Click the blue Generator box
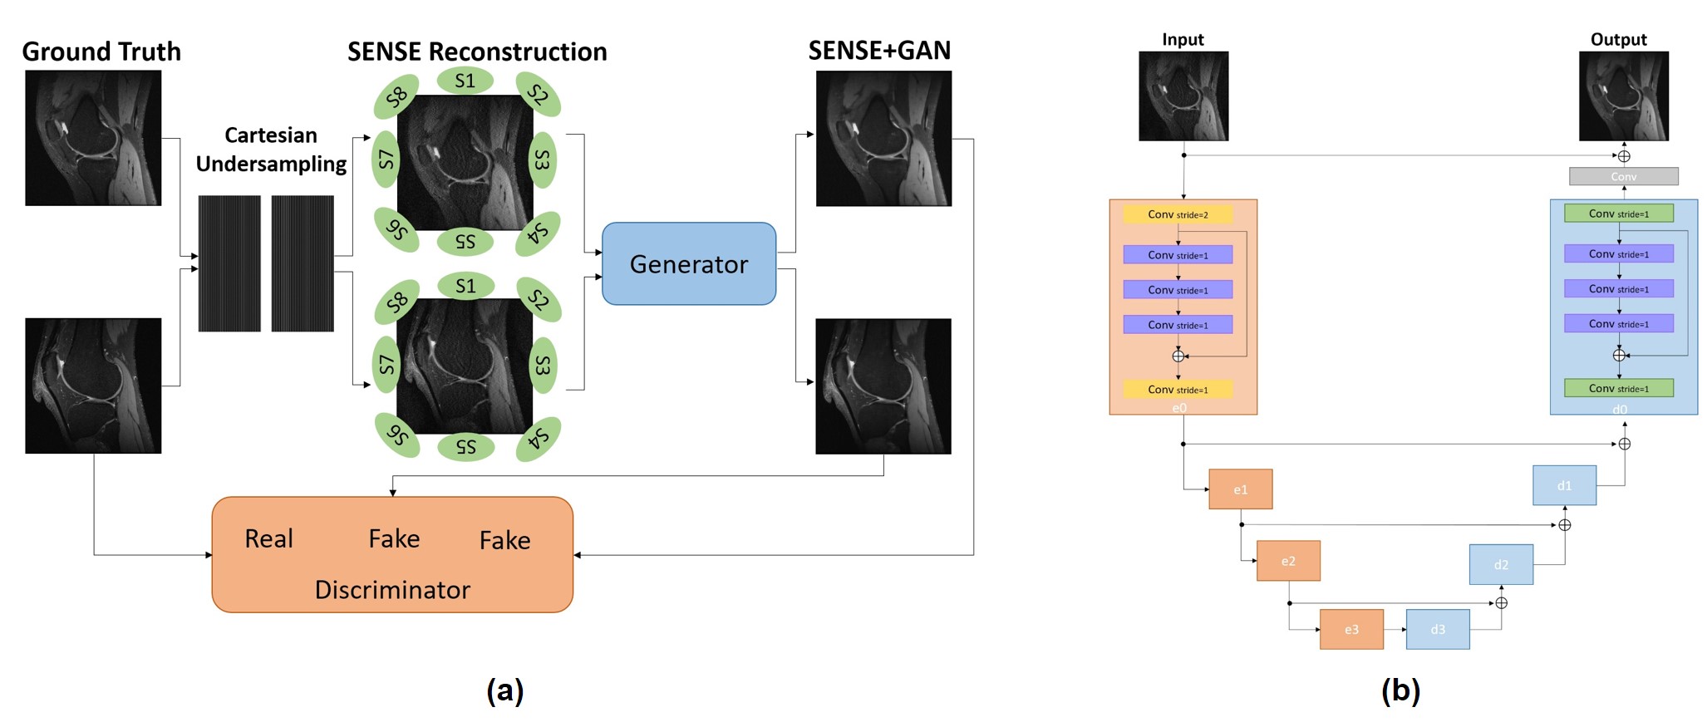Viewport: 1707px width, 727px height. click(x=688, y=263)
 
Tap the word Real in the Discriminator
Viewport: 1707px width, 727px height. click(x=268, y=538)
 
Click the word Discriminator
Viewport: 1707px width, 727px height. click(x=392, y=590)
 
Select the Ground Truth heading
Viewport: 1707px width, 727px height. click(x=101, y=52)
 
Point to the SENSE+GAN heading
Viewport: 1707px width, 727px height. click(x=879, y=51)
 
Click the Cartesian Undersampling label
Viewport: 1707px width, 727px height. click(x=271, y=150)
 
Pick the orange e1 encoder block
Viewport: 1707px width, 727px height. click(x=1240, y=489)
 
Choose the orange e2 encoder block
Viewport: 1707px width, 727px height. click(x=1288, y=561)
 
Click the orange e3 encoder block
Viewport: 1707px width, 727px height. click(x=1351, y=629)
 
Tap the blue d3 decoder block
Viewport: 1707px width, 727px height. click(x=1438, y=629)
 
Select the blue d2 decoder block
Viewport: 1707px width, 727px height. click(x=1501, y=564)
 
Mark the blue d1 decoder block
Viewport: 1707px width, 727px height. click(x=1564, y=485)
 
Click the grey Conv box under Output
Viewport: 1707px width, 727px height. click(x=1623, y=176)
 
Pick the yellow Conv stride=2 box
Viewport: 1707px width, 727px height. click(x=1178, y=214)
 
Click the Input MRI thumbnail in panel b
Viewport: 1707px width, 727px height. click(x=1183, y=96)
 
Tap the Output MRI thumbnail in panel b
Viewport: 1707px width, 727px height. click(x=1623, y=96)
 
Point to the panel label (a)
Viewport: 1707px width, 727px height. click(x=504, y=690)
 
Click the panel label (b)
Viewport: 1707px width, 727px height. click(x=1400, y=690)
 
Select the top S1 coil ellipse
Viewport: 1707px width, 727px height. click(x=465, y=81)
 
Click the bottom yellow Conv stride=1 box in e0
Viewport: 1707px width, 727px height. click(x=1178, y=389)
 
